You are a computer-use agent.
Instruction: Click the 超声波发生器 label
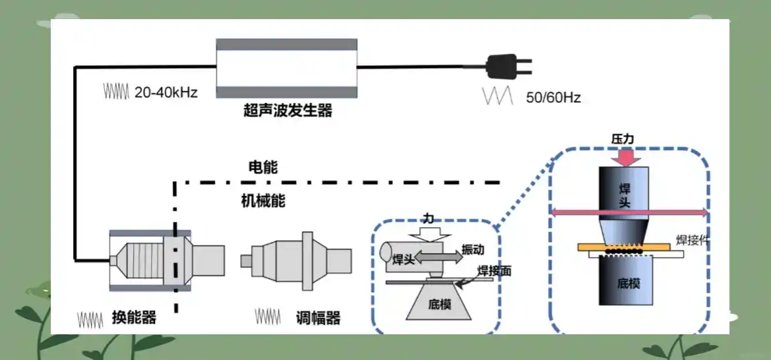point(288,110)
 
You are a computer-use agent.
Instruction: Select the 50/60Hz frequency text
point(553,98)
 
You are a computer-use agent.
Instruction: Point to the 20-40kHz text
point(166,92)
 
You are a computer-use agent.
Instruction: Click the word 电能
point(263,167)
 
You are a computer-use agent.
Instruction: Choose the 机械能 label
point(263,200)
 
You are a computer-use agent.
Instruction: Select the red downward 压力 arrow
point(623,158)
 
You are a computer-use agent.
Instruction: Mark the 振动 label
point(472,249)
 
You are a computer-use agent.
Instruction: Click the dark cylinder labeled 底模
point(626,281)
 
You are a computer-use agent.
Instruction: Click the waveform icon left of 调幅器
point(268,316)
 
